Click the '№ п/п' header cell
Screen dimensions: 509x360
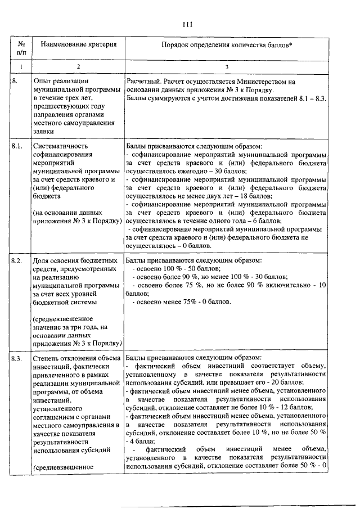(x=21, y=48)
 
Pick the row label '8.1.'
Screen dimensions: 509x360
(x=17, y=146)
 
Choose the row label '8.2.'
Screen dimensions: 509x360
(x=17, y=262)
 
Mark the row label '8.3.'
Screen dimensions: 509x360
(x=17, y=358)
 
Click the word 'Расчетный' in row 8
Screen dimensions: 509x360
(x=145, y=82)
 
